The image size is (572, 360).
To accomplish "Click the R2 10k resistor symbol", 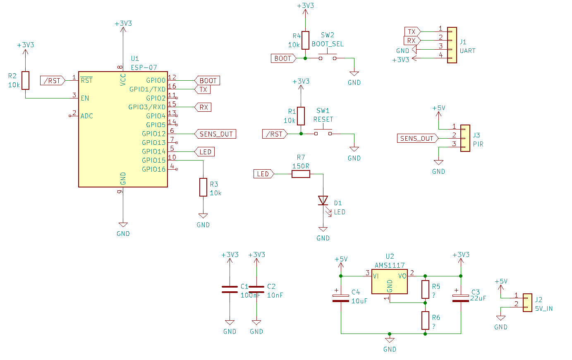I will pos(26,80).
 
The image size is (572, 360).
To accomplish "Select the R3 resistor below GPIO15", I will pos(203,187).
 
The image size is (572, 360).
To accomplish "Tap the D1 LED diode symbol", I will pos(323,201).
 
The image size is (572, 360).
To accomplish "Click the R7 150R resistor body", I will pos(301,174).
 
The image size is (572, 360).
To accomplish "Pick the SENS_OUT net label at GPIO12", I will pos(215,134).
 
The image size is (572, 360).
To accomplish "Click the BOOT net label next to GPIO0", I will pos(208,81).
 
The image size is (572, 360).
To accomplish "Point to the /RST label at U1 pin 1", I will pos(53,81).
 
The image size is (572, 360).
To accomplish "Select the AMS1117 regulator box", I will pos(389,282).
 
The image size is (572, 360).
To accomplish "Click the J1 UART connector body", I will pos(452,45).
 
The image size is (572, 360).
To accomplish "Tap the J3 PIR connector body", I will pos(465,138).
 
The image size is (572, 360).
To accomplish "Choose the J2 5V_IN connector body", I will pos(527,302).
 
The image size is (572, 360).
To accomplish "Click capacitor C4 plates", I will pos(341,298).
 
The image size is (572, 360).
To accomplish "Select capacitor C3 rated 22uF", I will pos(461,298).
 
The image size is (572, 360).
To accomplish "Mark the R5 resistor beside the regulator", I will pos(425,289).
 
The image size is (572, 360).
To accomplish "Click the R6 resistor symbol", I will pos(425,320).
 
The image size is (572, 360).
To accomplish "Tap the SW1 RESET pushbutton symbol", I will pos(323,132).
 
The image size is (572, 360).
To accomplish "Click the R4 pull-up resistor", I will pos(305,40).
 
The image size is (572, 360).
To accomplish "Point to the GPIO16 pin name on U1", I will pos(153,169).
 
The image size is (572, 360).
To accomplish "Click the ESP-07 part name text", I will pos(144,67).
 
